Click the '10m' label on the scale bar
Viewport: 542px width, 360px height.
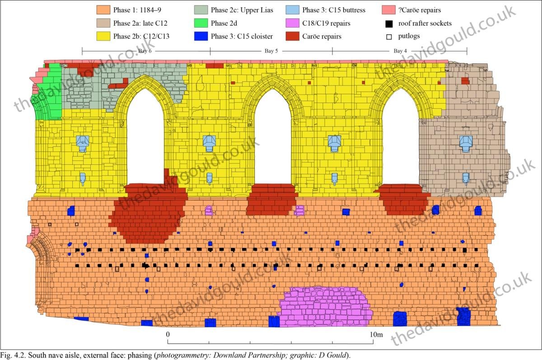[376, 335]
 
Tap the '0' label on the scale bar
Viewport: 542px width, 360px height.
[168, 335]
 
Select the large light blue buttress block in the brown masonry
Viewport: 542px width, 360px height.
[466, 143]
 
